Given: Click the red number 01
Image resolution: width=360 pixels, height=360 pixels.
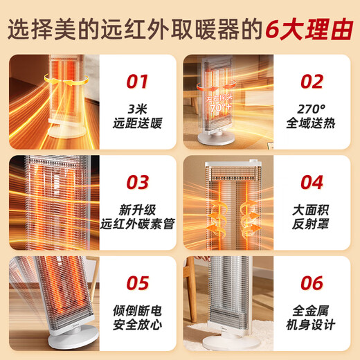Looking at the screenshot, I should pyautogui.click(x=137, y=82).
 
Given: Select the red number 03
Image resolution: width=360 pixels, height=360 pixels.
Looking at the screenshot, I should pyautogui.click(x=137, y=182).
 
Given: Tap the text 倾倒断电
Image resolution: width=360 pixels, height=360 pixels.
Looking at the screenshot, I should pyautogui.click(x=137, y=311).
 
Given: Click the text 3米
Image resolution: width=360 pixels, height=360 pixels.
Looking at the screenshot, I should pyautogui.click(x=137, y=110).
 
